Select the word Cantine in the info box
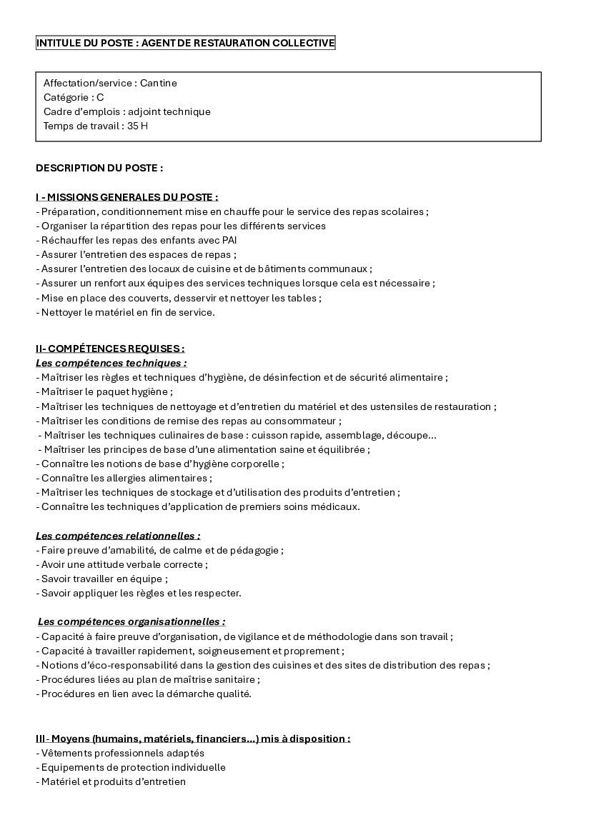tap(159, 83)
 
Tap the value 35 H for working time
tap(138, 126)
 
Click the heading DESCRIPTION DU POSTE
tap(99, 169)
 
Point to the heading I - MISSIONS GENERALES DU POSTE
tap(127, 197)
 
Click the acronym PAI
tap(229, 240)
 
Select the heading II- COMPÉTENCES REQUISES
tap(110, 349)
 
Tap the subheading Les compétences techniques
tap(111, 363)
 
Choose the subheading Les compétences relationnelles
tap(118, 536)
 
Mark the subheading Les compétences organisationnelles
tap(131, 622)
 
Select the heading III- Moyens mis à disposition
tap(193, 739)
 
